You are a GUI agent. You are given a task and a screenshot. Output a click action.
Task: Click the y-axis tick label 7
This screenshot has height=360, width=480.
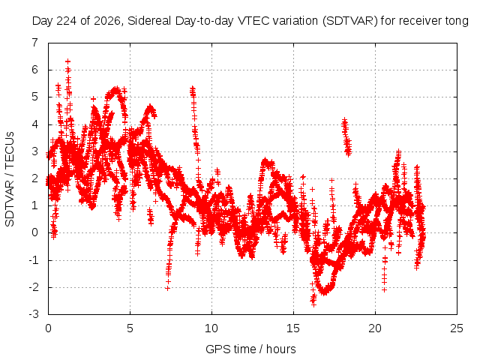point(35,43)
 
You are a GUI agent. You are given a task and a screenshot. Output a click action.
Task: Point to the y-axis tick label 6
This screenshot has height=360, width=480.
point(35,70)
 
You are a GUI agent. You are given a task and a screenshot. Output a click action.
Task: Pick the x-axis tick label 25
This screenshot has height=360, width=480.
point(457,328)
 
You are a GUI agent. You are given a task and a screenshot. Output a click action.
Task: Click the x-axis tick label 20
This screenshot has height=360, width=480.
point(375,328)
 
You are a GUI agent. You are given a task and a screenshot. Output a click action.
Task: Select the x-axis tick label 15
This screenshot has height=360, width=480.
point(293,328)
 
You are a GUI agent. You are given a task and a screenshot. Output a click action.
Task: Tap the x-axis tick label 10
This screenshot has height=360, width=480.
point(211,328)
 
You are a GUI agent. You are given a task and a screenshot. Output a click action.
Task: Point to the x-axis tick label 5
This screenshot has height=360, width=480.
point(130,328)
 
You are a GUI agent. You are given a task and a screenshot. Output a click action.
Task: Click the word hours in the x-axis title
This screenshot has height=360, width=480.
point(281,349)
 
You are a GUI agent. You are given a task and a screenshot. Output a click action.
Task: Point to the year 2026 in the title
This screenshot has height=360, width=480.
point(106,21)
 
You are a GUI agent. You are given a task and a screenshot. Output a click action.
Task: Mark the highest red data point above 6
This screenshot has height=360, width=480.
point(67,61)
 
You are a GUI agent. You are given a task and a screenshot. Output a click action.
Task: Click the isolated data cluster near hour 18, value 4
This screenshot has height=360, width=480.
point(346,136)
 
